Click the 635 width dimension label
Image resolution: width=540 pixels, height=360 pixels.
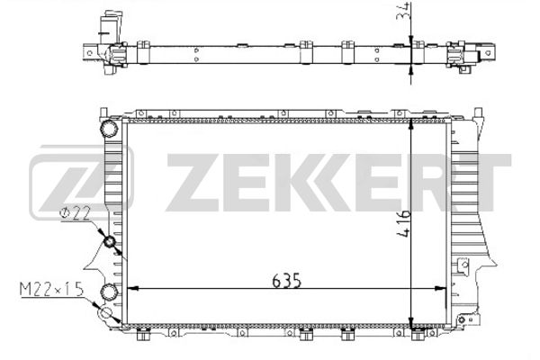pos(286,281)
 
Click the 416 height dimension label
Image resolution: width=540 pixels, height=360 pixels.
pos(403,223)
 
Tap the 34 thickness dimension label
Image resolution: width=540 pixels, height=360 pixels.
pos(403,11)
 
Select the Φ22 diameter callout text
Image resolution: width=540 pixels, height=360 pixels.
pos(75,213)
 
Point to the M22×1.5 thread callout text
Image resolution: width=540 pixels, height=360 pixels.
pos(51,289)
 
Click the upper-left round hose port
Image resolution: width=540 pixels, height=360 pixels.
pos(109,129)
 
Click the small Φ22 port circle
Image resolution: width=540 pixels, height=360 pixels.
pos(110,242)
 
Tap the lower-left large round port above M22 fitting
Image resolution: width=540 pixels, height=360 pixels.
pos(109,292)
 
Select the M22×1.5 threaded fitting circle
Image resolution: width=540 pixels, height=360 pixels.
pos(105,313)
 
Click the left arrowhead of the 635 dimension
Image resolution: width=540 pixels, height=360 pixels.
pos(133,288)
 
